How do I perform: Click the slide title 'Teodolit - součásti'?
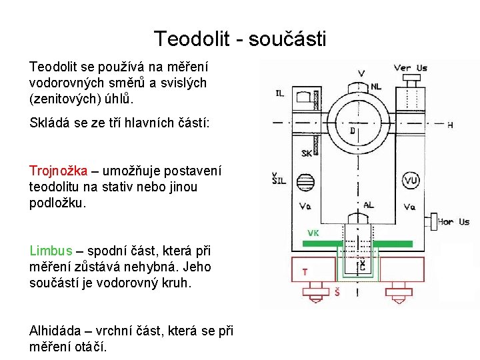(x=240, y=39)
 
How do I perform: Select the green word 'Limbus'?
(x=51, y=251)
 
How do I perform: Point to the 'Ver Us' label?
(x=410, y=68)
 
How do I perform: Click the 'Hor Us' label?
(x=455, y=222)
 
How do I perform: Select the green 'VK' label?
(x=313, y=233)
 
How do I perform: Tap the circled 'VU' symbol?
(x=411, y=181)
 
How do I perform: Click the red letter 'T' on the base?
(x=305, y=272)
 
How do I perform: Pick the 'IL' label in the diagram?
(x=279, y=93)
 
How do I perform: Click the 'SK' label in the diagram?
(x=306, y=153)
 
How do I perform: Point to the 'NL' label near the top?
(x=376, y=86)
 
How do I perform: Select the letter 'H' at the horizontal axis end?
(x=450, y=125)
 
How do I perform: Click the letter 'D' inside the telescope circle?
(x=352, y=131)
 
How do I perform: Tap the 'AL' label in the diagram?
(x=368, y=205)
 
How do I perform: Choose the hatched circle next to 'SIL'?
(x=305, y=181)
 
